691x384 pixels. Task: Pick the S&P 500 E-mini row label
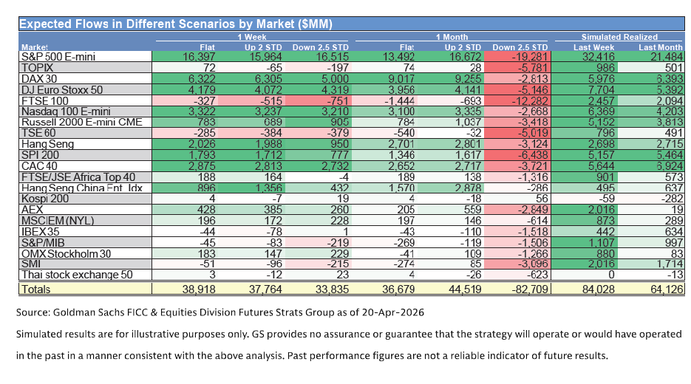tap(56, 56)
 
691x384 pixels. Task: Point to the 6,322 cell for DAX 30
tap(180, 78)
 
